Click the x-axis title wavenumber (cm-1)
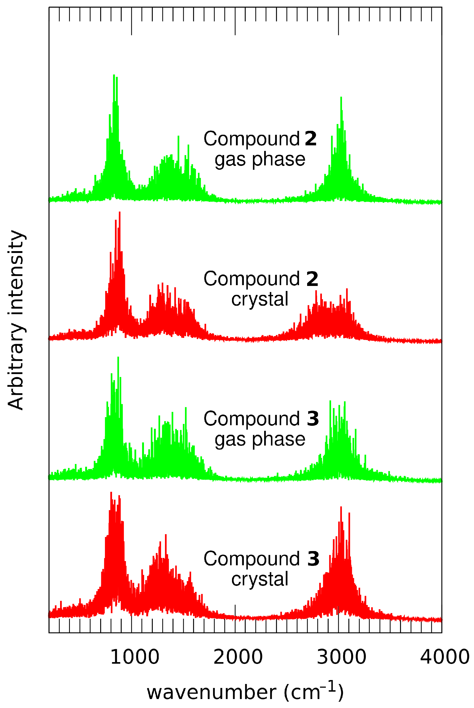tap(245, 692)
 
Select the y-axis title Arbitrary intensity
tap(16, 320)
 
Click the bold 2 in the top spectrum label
tap(311, 139)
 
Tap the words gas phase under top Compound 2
tap(260, 160)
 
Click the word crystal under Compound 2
tap(260, 299)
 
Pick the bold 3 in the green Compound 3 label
tap(313, 419)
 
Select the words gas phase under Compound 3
tap(260, 439)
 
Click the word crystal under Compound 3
tap(260, 579)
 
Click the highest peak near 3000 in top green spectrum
tap(341, 98)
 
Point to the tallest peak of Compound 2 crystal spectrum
tap(120, 213)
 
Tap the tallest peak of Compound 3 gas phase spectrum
tap(118, 358)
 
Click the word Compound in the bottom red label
tap(251, 559)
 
